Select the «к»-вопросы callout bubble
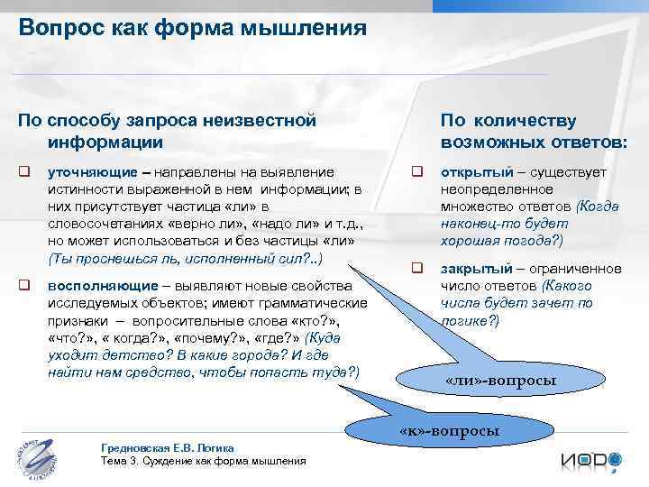point(448,430)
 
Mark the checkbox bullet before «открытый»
point(417,171)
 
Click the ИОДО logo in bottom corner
point(591,461)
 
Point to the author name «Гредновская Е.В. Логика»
point(169,448)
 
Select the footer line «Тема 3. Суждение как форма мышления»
point(204,461)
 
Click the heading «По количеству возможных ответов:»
point(534,131)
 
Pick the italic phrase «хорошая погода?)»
point(501,241)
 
